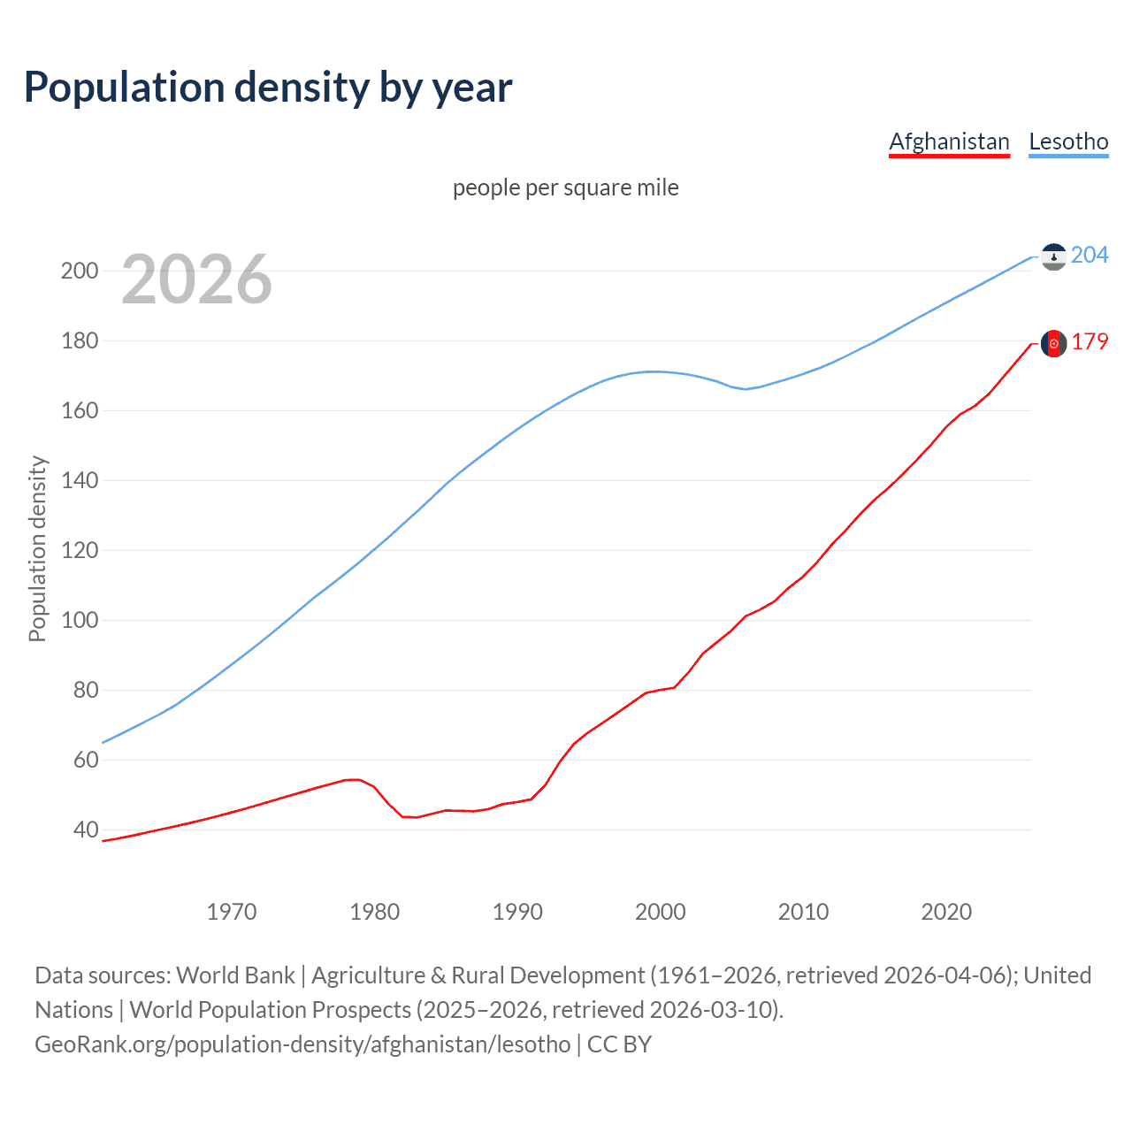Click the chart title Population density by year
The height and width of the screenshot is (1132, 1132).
pos(268,88)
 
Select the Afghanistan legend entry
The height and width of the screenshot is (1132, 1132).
pos(949,141)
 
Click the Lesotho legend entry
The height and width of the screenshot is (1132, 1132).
pos(1068,141)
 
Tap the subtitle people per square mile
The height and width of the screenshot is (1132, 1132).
pos(565,187)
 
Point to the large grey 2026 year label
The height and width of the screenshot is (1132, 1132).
pos(196,279)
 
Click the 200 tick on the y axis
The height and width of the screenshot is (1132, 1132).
pos(80,271)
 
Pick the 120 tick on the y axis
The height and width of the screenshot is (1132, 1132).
pos(80,550)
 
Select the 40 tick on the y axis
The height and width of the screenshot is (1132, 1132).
pos(85,830)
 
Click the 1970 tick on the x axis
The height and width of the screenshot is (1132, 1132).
pos(232,912)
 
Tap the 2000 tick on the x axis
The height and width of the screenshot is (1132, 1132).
pos(661,912)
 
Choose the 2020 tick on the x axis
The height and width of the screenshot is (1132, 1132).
pos(946,912)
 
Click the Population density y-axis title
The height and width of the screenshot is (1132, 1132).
pos(37,548)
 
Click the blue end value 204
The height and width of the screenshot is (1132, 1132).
pos(1090,255)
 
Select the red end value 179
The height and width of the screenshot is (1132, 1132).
pos(1090,342)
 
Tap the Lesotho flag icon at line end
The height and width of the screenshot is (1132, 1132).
pos(1053,256)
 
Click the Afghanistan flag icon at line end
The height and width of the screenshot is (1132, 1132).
pos(1053,343)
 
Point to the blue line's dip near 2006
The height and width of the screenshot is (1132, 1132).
pos(746,389)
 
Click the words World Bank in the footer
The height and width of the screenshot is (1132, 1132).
pos(235,975)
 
